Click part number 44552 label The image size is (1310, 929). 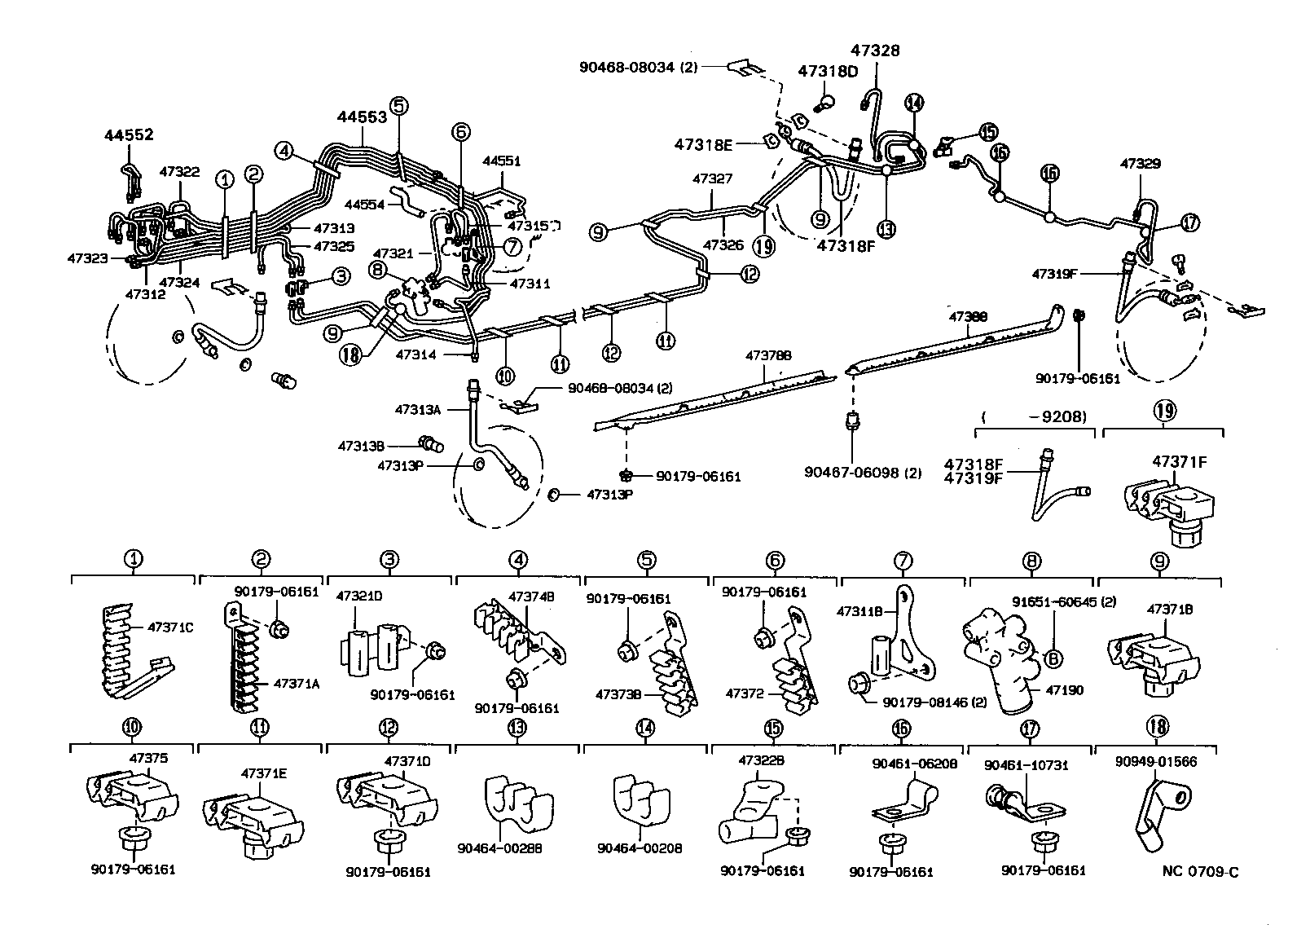tap(129, 134)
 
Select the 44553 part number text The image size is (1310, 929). tap(362, 117)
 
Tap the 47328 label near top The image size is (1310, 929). tap(876, 50)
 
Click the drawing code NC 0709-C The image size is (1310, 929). tap(1200, 872)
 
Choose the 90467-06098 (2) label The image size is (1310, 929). tap(863, 472)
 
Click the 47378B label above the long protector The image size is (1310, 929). tap(769, 356)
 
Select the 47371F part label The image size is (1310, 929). tap(1179, 461)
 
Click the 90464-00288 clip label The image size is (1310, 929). tap(512, 848)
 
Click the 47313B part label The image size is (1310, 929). tap(364, 446)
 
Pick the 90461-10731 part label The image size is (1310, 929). tap(1026, 765)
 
